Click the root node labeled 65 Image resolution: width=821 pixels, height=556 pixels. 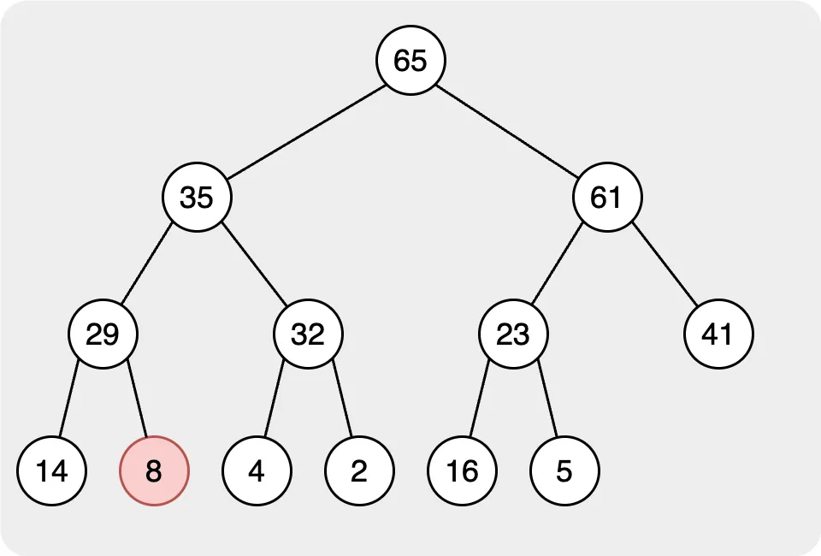pyautogui.click(x=410, y=60)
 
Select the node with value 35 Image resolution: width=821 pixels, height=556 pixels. pyautogui.click(x=197, y=197)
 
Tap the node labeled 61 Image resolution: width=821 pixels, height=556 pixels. pyautogui.click(x=607, y=197)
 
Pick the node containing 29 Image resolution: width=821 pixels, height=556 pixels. pyautogui.click(x=103, y=334)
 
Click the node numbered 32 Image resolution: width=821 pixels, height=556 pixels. pyautogui.click(x=308, y=334)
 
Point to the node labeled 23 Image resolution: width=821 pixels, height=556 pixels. pyautogui.click(x=513, y=334)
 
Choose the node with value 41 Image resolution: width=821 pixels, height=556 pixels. pyautogui.click(x=718, y=334)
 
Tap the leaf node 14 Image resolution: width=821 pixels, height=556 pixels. pyautogui.click(x=51, y=470)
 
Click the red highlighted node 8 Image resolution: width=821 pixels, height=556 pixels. pyautogui.click(x=154, y=470)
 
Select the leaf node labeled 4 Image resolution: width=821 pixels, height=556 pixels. pyautogui.click(x=257, y=470)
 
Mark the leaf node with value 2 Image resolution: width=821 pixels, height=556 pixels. pyautogui.click(x=359, y=470)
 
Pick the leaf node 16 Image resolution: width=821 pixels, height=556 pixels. pyautogui.click(x=462, y=470)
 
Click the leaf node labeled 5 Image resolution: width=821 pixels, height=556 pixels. pyautogui.click(x=564, y=470)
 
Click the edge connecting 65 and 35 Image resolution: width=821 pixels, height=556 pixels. pyautogui.click(x=304, y=128)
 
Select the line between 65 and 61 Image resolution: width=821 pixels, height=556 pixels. pyautogui.click(x=509, y=128)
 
